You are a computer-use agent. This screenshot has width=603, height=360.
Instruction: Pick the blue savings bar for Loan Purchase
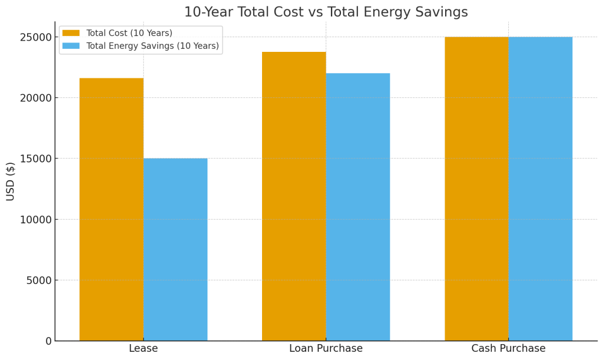(x=358, y=207)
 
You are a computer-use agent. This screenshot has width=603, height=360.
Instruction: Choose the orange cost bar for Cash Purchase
(x=476, y=189)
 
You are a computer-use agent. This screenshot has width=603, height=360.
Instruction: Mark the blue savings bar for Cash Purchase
(x=540, y=189)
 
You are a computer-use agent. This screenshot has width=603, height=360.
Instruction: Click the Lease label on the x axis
(x=143, y=349)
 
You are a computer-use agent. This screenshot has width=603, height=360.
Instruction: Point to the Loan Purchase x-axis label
(x=326, y=349)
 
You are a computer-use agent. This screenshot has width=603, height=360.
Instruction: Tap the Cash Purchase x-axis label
(x=508, y=349)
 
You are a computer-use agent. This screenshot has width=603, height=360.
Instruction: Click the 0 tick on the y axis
(x=48, y=341)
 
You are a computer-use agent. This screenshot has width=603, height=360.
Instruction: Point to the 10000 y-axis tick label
(x=37, y=220)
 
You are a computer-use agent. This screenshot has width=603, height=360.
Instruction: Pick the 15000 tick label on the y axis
(x=37, y=158)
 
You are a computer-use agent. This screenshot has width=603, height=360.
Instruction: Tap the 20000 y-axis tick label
(x=37, y=98)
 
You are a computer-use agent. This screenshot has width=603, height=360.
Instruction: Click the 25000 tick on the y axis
(x=37, y=37)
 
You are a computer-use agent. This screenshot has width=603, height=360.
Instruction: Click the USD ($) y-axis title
(x=11, y=181)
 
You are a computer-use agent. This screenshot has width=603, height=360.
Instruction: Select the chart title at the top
(x=326, y=12)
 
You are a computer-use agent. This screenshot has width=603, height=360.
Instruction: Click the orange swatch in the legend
(x=71, y=34)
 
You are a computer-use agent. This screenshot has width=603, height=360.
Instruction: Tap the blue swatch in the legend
(x=71, y=46)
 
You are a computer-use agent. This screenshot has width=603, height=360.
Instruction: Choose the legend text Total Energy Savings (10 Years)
(x=153, y=46)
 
